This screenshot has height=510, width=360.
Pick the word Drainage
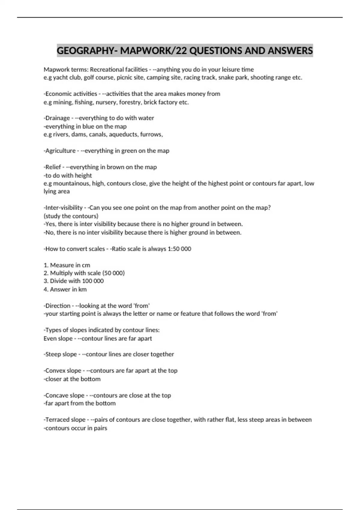click(x=58, y=118)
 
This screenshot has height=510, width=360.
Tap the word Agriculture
click(x=60, y=151)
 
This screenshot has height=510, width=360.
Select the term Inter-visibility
click(x=64, y=208)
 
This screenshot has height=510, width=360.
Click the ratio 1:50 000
click(x=179, y=249)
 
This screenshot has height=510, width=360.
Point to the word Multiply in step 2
click(x=60, y=273)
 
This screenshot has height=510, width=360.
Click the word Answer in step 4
click(x=60, y=289)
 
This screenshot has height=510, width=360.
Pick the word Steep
click(x=53, y=354)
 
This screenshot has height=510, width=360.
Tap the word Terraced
click(x=56, y=420)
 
